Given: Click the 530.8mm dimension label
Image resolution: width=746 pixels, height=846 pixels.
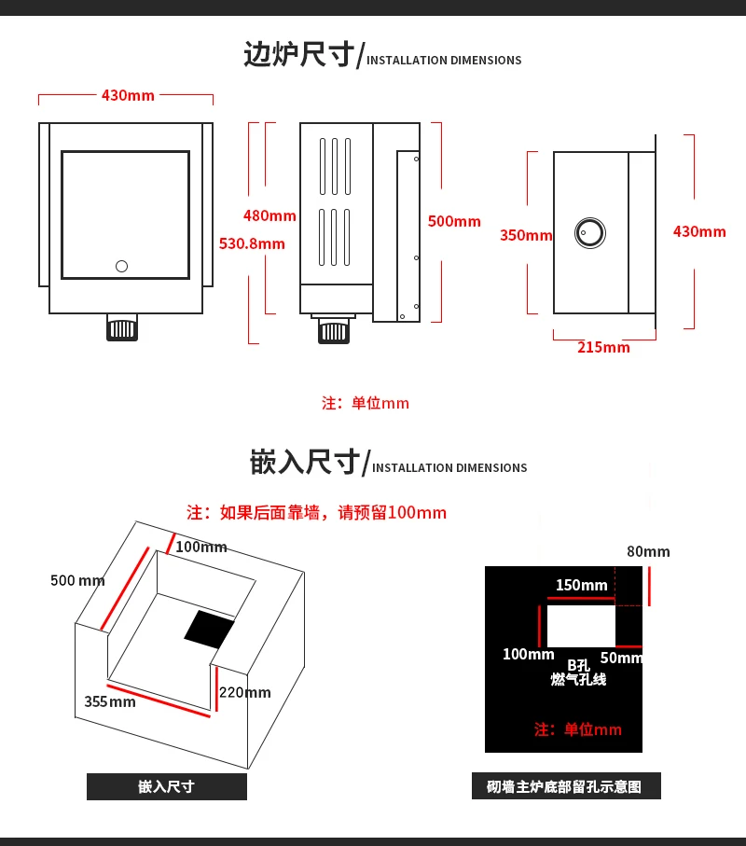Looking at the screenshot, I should [252, 244].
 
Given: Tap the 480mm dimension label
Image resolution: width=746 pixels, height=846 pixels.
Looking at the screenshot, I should [269, 216].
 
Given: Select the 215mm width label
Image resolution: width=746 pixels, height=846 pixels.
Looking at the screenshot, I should [603, 348].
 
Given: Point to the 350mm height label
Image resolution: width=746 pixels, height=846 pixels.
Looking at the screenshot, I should [526, 235].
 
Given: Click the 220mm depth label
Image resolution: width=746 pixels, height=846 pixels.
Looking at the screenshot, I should [244, 692].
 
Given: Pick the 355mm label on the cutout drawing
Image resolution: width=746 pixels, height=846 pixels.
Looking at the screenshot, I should [110, 701].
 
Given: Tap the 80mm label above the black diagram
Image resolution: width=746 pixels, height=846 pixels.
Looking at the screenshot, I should [648, 551].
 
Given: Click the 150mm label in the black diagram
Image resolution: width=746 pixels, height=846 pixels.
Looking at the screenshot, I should [581, 586].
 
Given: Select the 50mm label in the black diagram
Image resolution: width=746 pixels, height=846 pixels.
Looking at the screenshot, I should [621, 659].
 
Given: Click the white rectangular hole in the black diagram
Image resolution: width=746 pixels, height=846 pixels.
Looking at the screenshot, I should [581, 626].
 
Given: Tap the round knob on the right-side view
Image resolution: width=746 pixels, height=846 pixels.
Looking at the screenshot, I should [589, 232].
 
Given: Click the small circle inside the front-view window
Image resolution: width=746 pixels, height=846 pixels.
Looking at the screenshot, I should [121, 267].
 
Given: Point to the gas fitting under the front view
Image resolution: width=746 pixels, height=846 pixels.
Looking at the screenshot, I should [122, 328].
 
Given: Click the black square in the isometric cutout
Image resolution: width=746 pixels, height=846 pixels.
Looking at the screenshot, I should [209, 630].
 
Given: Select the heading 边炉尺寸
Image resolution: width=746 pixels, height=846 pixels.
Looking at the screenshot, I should [299, 55].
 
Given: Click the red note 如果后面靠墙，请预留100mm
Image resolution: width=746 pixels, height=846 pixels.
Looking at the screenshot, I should [316, 513].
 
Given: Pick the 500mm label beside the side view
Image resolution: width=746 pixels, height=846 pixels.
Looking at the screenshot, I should [454, 221].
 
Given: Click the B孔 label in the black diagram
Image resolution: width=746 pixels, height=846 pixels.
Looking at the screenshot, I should [578, 665].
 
